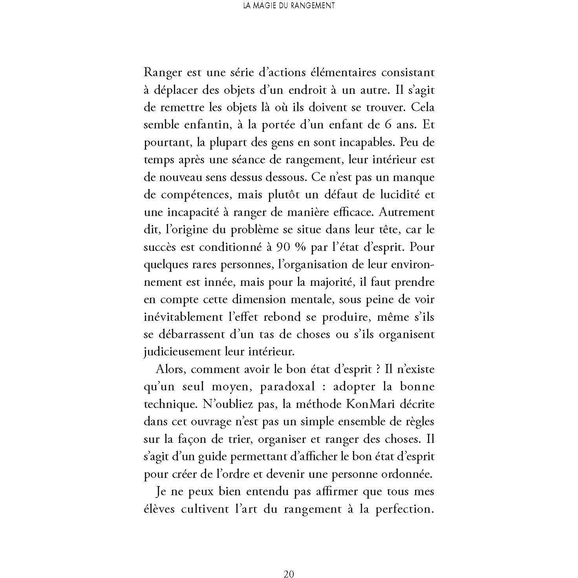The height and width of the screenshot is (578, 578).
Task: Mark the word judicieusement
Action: click(182, 352)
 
